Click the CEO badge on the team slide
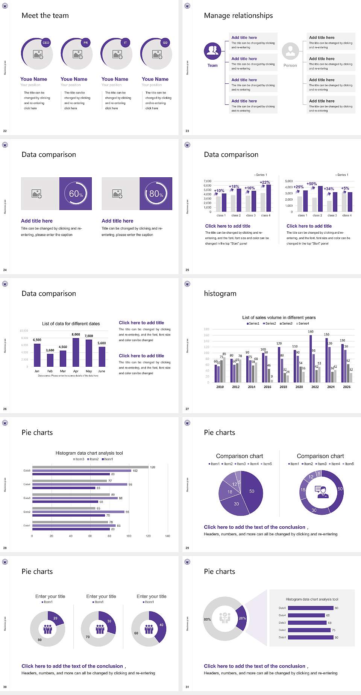coord(46,43)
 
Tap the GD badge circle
coord(165,43)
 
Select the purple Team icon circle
coord(212,51)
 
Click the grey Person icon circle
coord(290,51)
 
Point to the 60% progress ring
coord(76,193)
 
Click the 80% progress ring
coord(156,193)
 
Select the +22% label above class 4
coord(265,182)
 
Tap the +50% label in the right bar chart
coord(312,184)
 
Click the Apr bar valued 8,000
coord(76,352)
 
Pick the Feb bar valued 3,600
coord(50,360)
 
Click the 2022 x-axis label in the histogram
coord(315,387)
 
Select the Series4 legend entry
coord(303,323)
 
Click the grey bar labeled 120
coord(90,467)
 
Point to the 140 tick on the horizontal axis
coord(168,536)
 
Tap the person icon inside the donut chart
coord(322,491)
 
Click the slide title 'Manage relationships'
coord(238,15)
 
